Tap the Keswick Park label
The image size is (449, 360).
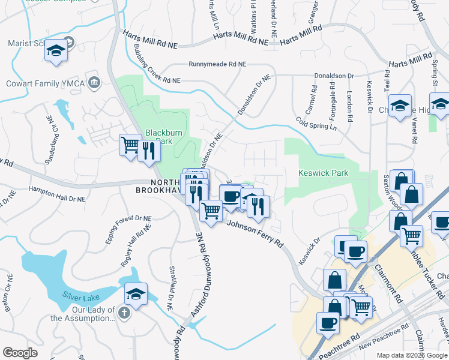[324, 173]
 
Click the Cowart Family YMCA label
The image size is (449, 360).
[44, 83]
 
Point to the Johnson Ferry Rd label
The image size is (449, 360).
[255, 234]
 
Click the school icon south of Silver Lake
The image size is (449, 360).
[136, 294]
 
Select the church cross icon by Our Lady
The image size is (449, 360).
[124, 312]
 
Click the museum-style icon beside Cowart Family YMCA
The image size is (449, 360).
[94, 83]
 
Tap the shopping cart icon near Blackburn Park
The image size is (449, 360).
[129, 144]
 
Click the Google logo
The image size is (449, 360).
[20, 353]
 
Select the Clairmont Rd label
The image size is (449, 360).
[384, 272]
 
